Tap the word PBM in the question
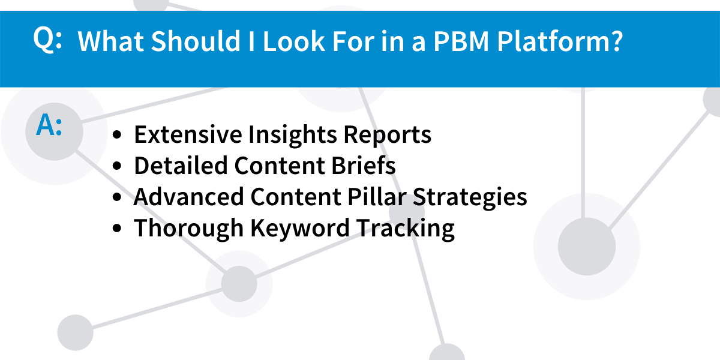tap(461, 41)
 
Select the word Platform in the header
tap(556, 41)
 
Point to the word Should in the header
tap(196, 41)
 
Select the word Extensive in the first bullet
tap(188, 134)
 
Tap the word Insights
tap(293, 135)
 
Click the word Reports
tap(388, 136)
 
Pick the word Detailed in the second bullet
tap(181, 166)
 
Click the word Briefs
tap(364, 166)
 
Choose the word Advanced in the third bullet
tap(188, 197)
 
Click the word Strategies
tap(470, 197)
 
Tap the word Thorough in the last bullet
tap(188, 228)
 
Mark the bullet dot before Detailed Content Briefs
tap(118, 166)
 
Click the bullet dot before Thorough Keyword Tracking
tap(118, 228)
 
